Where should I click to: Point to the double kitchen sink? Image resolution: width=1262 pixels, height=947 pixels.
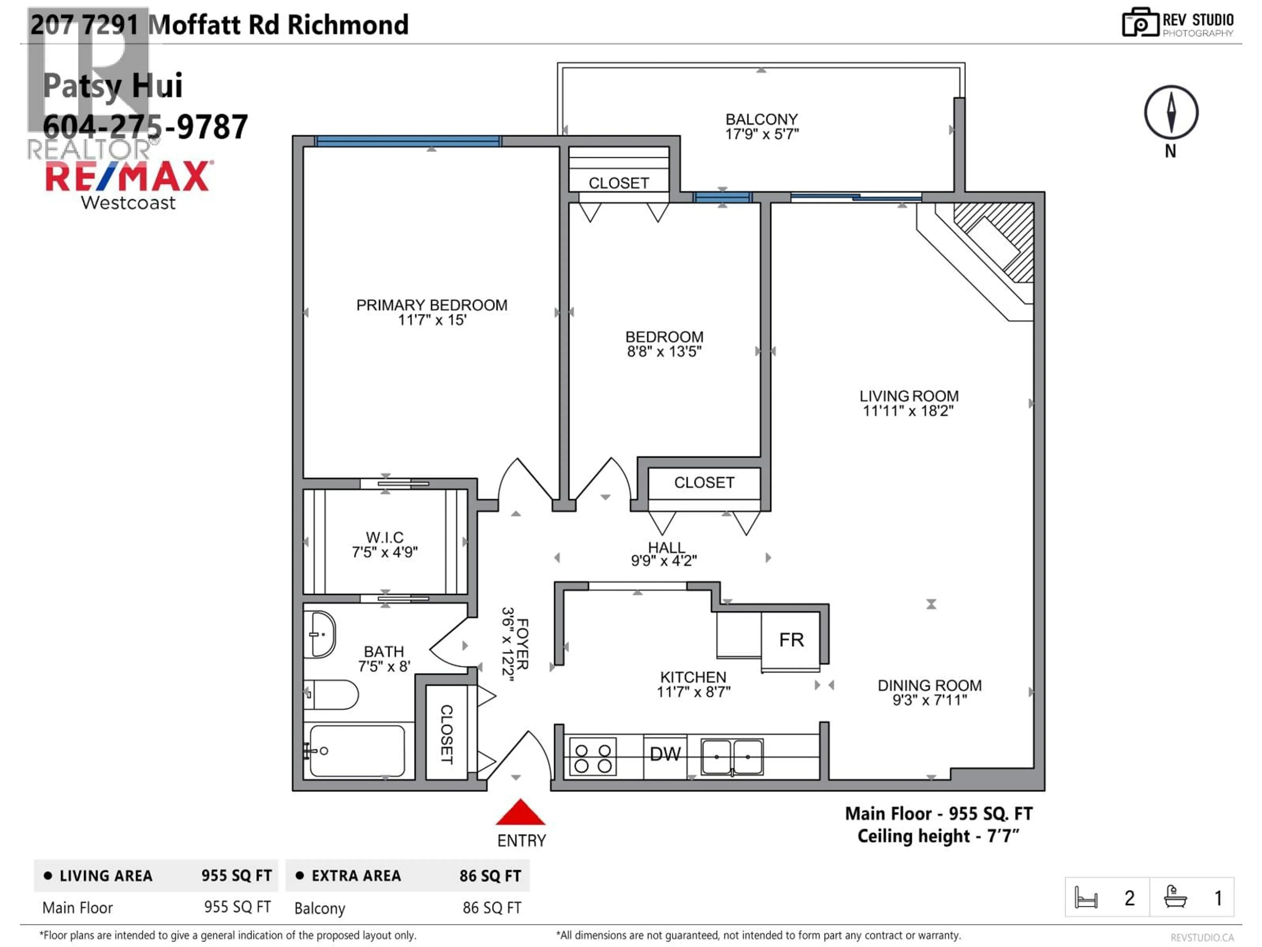(x=732, y=757)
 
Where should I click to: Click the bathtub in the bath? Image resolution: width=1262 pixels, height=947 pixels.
(x=358, y=751)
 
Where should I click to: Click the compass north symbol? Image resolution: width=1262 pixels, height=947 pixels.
(x=1171, y=112)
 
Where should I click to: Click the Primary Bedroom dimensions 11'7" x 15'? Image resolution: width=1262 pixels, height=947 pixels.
(x=432, y=320)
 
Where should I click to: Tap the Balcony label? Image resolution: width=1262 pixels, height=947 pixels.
(x=761, y=119)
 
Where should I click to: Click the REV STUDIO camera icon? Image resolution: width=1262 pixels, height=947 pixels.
(x=1140, y=23)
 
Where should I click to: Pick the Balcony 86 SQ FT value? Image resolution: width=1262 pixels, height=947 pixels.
(x=491, y=908)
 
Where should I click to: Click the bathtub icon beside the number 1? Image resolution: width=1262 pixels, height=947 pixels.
(x=1175, y=897)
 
